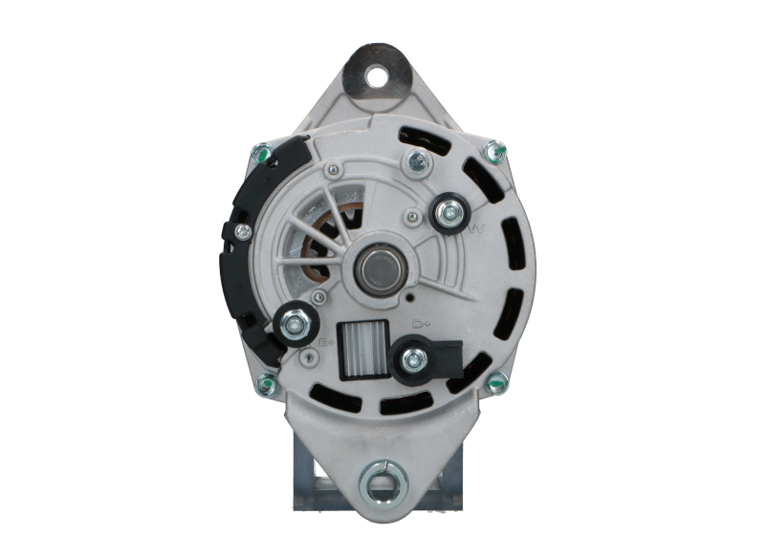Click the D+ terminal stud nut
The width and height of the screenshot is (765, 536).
(414, 359)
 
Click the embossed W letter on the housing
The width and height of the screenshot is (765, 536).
(479, 230)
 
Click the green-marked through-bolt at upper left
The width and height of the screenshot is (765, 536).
(258, 150)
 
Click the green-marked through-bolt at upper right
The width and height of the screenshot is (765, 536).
(493, 150)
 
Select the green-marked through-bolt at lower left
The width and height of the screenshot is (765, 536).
(265, 385)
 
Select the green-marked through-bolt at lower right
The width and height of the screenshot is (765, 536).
(494, 385)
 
